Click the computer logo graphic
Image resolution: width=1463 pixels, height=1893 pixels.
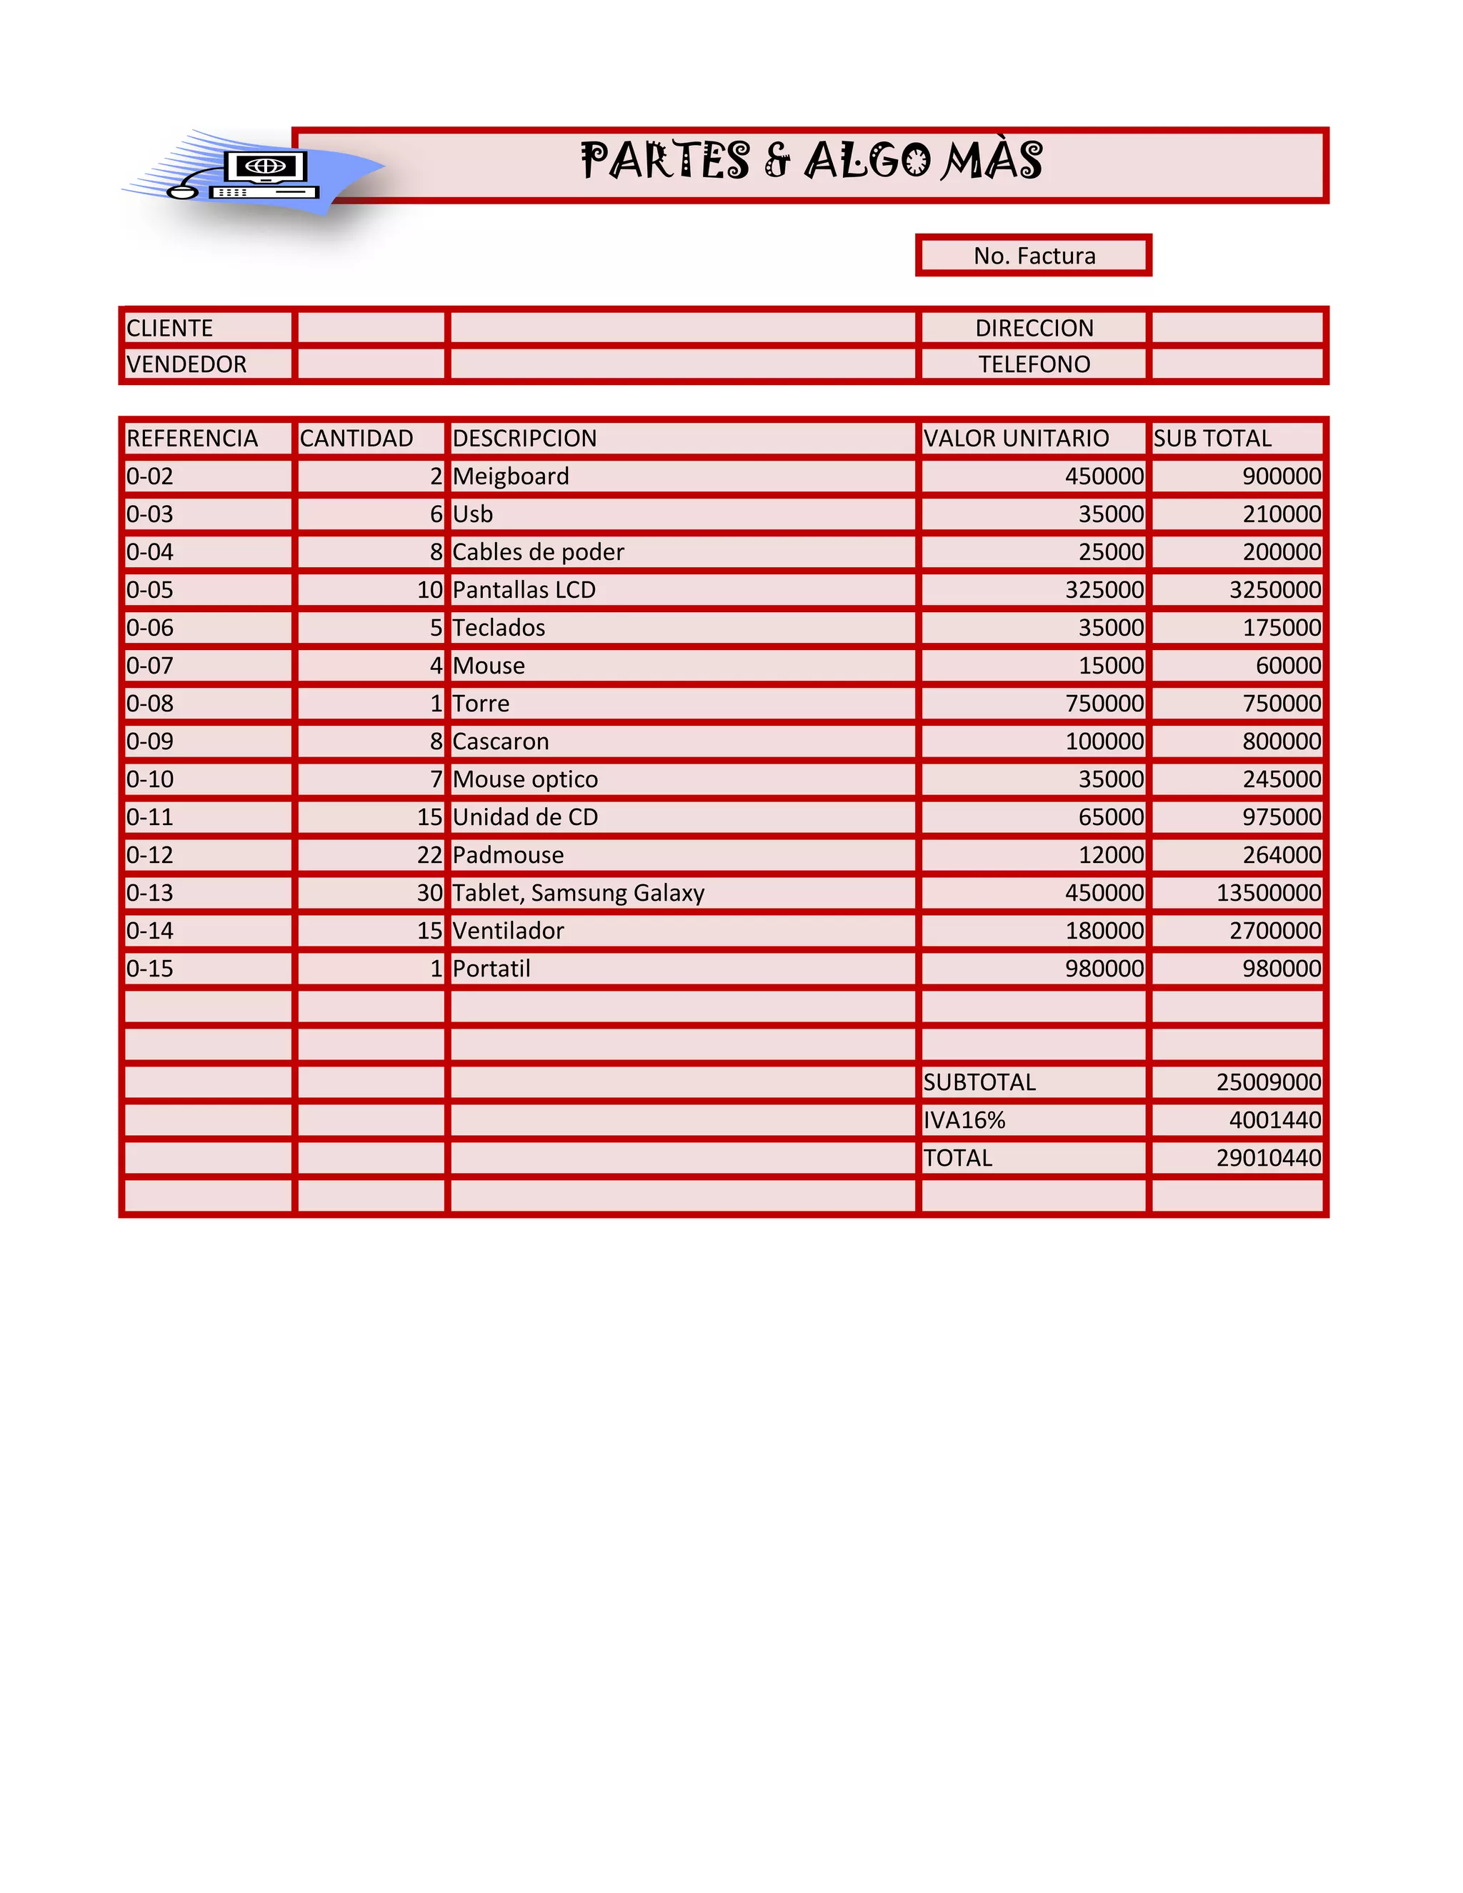pos(256,174)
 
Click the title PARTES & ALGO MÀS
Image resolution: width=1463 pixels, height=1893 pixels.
pos(812,161)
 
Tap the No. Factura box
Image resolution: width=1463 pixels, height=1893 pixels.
pos(1033,256)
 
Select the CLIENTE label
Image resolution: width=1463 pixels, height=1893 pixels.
pos(170,329)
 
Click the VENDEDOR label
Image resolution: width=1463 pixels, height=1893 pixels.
pos(186,364)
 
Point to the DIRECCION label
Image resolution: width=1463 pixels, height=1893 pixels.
pos(1034,329)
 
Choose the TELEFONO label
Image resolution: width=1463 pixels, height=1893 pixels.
pos(1034,364)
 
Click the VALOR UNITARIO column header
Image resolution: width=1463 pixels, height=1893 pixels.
pos(1016,439)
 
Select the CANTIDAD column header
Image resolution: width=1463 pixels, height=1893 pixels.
pos(356,439)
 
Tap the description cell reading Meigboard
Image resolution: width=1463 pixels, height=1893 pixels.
pos(511,476)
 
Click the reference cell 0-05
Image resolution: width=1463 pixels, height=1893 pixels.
pos(150,590)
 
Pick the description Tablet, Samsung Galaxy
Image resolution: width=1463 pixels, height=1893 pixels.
pos(578,893)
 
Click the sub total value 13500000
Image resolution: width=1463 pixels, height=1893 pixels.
pos(1268,893)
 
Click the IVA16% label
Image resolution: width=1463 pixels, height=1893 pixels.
pos(964,1121)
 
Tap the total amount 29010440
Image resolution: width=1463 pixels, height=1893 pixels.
pos(1268,1158)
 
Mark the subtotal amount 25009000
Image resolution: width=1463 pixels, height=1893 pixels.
pos(1268,1082)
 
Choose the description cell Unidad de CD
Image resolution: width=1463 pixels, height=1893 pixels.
pos(525,817)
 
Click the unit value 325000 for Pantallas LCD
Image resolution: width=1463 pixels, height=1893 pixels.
pos(1104,590)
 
